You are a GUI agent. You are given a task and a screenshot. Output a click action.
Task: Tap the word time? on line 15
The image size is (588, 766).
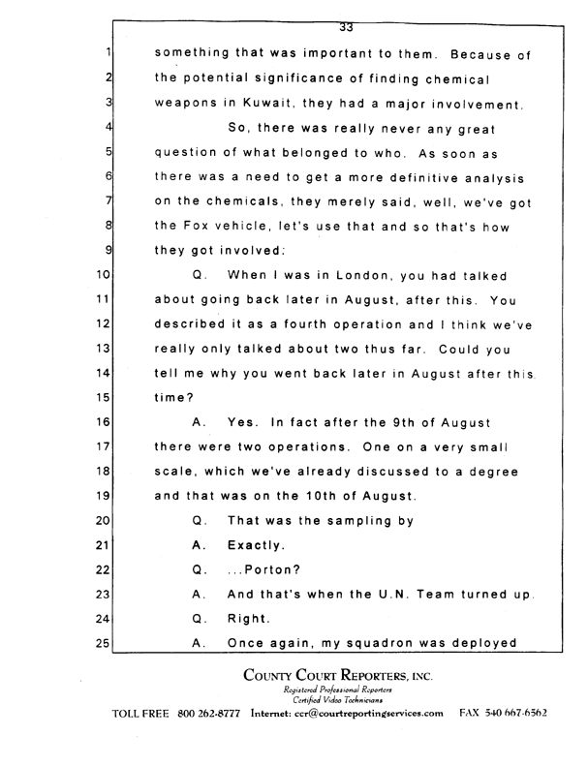point(174,397)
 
